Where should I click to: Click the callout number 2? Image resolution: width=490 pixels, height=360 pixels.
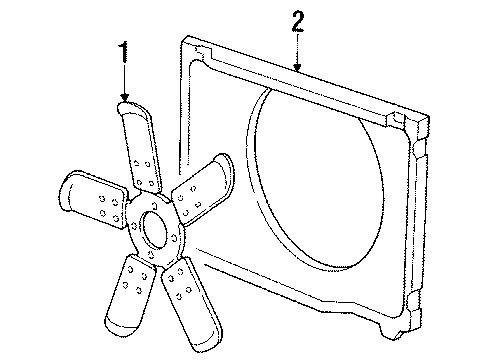tap(297, 22)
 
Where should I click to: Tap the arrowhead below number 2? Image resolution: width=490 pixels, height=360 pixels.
tap(297, 68)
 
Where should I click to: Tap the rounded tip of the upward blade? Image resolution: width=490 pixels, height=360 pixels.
tap(130, 108)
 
